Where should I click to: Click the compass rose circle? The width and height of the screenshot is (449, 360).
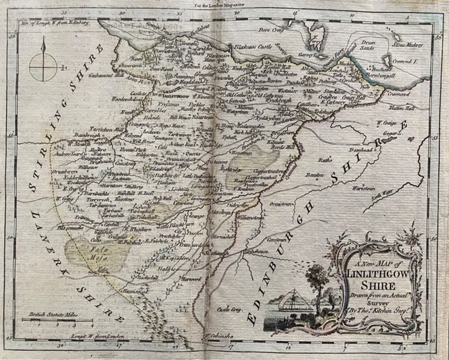pyautogui.click(x=43, y=69)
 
